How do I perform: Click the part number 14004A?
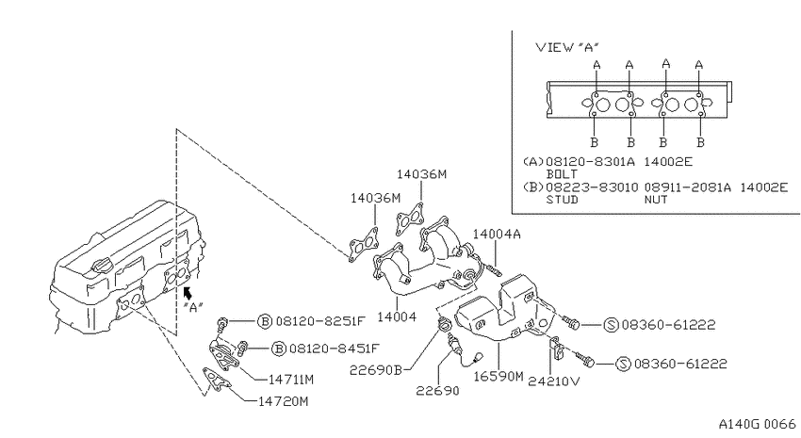click(497, 235)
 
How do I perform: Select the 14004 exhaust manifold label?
click(397, 317)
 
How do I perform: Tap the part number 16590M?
click(499, 376)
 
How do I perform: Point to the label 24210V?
click(555, 381)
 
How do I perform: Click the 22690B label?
click(376, 370)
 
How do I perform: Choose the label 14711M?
click(290, 380)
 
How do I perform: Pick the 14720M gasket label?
click(283, 402)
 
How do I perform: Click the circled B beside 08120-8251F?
click(265, 321)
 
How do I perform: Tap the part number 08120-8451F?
click(335, 349)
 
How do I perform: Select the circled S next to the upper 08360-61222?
click(611, 325)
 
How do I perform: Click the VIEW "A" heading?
click(567, 47)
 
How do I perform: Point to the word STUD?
click(562, 200)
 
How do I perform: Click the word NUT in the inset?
click(656, 200)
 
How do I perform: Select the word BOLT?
click(562, 174)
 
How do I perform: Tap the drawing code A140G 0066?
click(757, 424)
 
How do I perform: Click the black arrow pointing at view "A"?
click(188, 293)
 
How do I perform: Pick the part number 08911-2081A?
click(687, 187)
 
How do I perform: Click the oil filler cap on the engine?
click(102, 267)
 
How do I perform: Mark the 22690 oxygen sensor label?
click(437, 391)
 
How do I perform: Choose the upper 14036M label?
click(421, 174)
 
